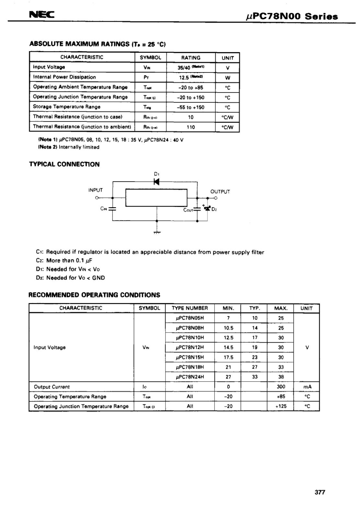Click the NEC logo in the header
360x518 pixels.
pos(41,15)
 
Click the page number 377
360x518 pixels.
pos(320,492)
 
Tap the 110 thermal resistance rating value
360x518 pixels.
pos(191,127)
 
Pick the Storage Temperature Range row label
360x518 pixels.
pos(67,107)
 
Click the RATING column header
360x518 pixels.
pos(191,58)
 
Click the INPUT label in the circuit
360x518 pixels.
pos(96,190)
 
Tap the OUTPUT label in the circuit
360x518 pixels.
pos(220,192)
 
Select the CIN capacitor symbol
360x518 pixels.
pos(112,208)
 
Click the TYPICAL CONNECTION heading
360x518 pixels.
pos(64,164)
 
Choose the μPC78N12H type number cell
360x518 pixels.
pos(190,347)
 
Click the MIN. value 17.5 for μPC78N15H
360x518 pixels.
pos(228,357)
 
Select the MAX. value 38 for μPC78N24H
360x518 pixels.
pos(281,377)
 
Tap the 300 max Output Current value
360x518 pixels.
pos(281,387)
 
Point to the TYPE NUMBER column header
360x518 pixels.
pos(190,308)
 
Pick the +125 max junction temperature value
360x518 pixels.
pos(281,406)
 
